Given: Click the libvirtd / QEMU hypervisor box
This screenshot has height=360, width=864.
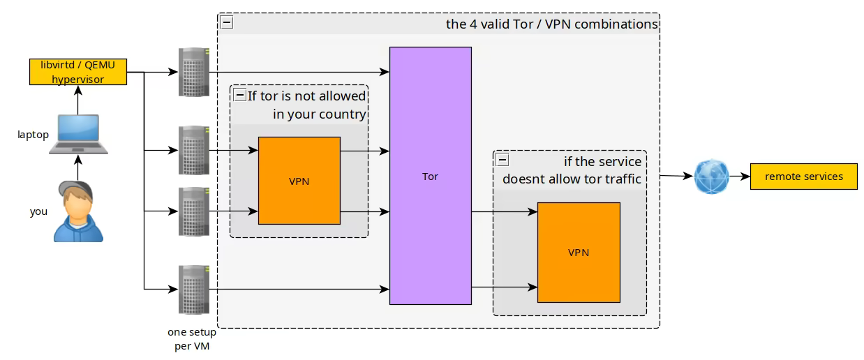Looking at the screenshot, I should click(x=77, y=73).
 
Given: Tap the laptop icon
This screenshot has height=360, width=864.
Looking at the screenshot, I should click(x=78, y=135).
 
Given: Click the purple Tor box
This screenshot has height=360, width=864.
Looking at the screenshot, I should click(x=430, y=176).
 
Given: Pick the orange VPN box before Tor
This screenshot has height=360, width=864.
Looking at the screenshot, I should click(x=299, y=181).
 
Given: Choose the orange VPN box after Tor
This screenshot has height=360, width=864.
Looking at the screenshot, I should click(x=578, y=252).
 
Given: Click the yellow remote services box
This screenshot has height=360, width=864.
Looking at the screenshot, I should click(x=803, y=177).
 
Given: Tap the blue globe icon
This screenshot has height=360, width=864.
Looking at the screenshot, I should click(x=711, y=177).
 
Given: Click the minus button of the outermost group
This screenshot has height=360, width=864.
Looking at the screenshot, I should click(x=227, y=22).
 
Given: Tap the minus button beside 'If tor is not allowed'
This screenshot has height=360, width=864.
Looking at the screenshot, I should click(x=239, y=95).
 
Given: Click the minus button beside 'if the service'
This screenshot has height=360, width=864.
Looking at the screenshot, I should click(x=502, y=160).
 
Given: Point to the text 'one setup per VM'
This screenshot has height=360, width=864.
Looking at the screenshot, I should click(x=192, y=339).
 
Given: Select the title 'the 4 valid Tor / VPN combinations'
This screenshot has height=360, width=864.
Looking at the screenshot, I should click(x=551, y=24).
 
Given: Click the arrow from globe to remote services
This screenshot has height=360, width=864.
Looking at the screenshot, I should click(x=740, y=177).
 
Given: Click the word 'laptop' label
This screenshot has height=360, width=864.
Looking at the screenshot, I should click(x=33, y=135).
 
